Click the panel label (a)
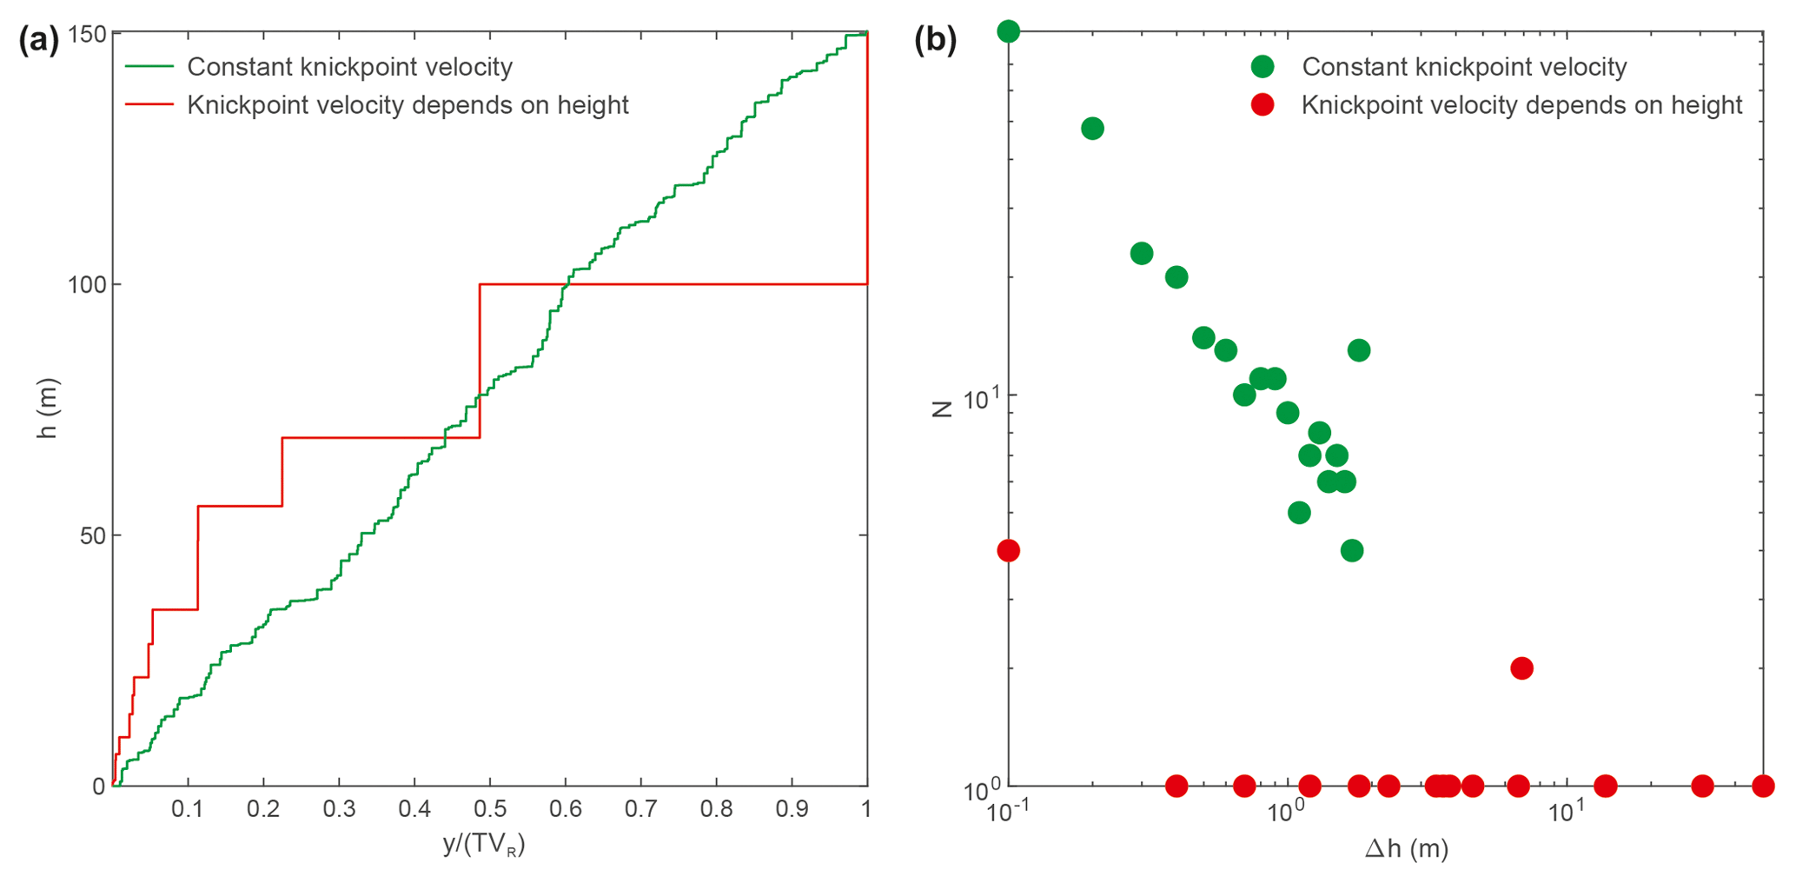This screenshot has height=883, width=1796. coord(39,40)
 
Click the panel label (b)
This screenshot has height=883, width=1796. coord(936,40)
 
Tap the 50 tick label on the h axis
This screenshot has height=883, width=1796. coord(92,536)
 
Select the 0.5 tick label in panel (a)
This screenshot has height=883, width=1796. coord(490,809)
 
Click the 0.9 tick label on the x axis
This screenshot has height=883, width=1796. coord(792,809)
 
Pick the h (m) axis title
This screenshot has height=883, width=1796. coord(47,408)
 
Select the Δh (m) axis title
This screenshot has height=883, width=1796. coord(1407,848)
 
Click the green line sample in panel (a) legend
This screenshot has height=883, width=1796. coord(149,67)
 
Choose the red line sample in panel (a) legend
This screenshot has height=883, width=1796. coord(149,105)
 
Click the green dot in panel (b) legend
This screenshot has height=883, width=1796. coord(1263,67)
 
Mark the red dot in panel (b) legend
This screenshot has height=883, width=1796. coord(1263,105)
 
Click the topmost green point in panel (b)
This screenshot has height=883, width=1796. coord(1008,32)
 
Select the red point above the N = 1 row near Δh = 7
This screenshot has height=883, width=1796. coord(1521,668)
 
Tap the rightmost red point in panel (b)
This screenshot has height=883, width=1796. coord(1763,787)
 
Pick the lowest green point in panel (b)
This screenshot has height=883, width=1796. coord(1352,550)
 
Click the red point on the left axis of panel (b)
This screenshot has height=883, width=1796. coord(1008,550)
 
